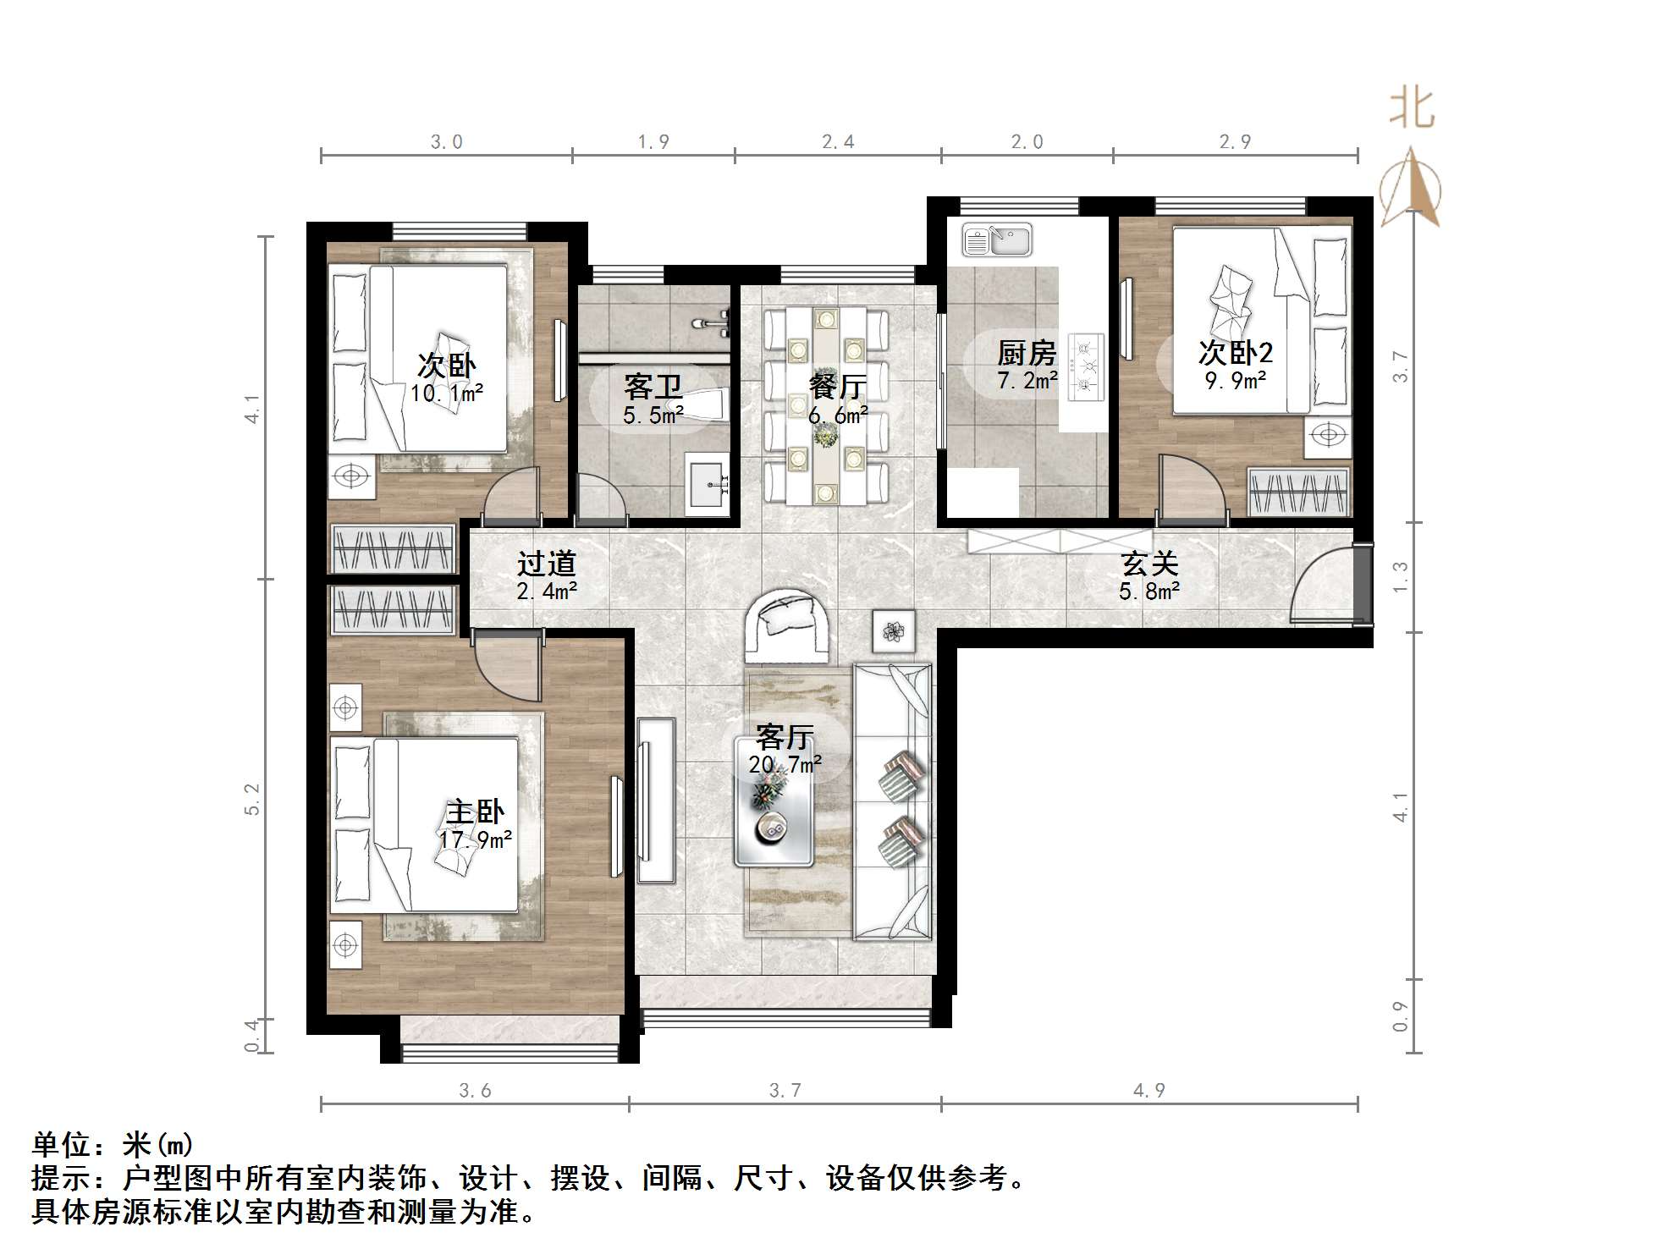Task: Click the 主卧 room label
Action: point(474,812)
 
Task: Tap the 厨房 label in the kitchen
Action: point(1027,353)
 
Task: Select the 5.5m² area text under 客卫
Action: point(653,415)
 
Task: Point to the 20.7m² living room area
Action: point(785,765)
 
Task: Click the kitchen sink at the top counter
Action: point(997,240)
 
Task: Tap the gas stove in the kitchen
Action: point(1086,367)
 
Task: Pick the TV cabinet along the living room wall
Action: point(656,801)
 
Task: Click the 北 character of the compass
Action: point(1411,109)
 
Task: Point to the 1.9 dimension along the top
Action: point(653,141)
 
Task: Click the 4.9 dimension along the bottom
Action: point(1148,1091)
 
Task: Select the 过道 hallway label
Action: point(547,563)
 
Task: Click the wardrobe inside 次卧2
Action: point(1298,492)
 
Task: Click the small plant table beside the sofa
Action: point(894,631)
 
